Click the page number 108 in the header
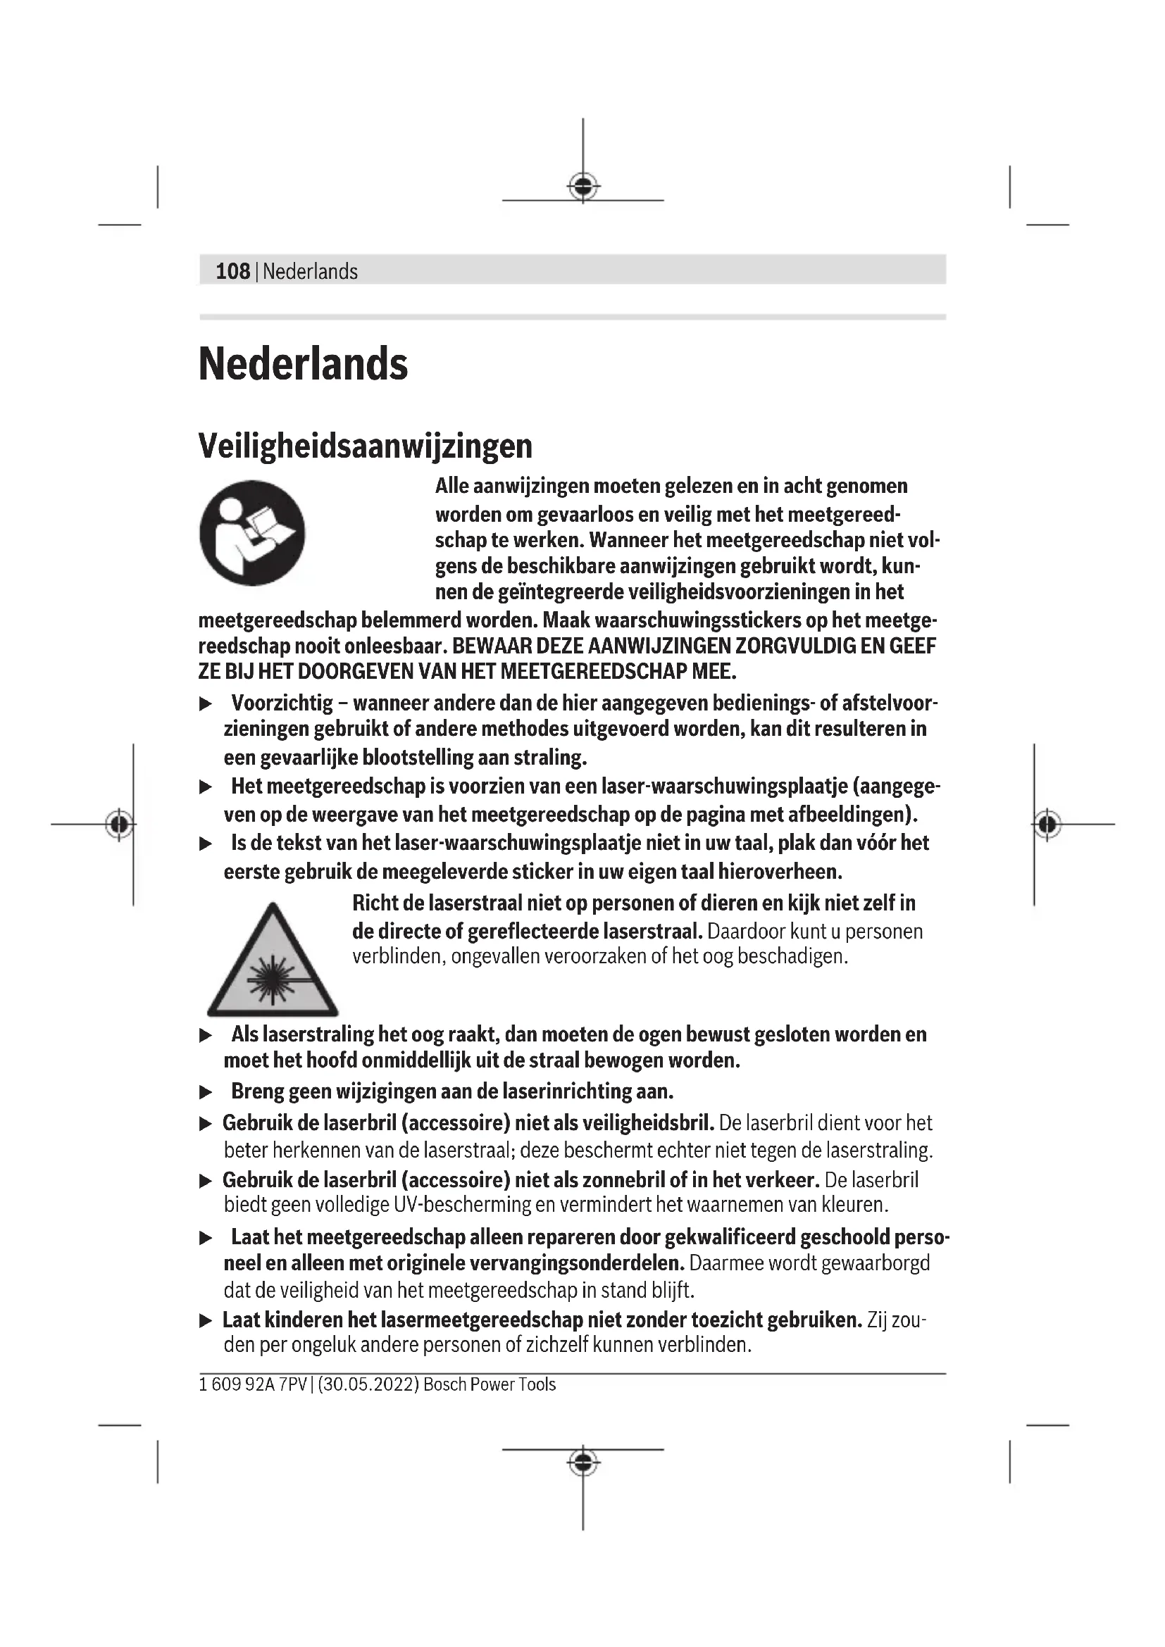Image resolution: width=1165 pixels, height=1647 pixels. tap(232, 271)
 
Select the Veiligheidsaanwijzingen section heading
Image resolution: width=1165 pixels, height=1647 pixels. tap(365, 446)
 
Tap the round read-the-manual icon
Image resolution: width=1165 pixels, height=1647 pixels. tap(253, 533)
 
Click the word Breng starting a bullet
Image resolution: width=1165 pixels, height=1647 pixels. tap(258, 1092)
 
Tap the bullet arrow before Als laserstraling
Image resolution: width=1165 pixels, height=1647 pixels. tap(206, 1035)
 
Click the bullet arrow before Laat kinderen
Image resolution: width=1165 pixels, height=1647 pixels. tap(206, 1320)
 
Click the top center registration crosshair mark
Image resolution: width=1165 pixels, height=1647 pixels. tap(583, 187)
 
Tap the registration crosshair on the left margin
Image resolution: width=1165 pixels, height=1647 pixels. tap(119, 825)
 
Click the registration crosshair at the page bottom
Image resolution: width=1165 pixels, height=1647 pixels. tap(583, 1462)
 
